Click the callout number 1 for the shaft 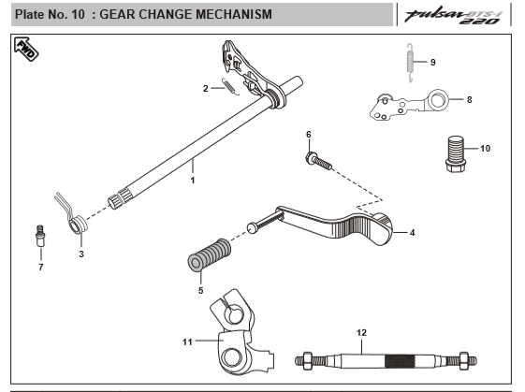tap(193, 179)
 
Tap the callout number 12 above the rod tap(362, 332)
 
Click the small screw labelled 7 tap(39, 234)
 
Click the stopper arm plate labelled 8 tap(412, 103)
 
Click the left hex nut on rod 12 tap(305, 358)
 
